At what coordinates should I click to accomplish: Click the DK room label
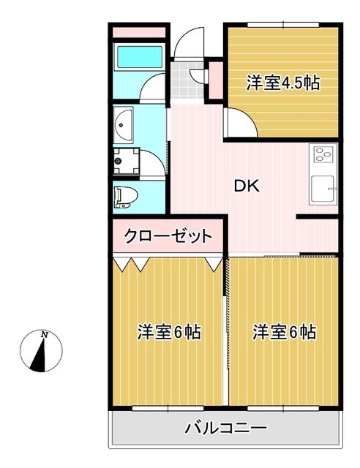(x=246, y=186)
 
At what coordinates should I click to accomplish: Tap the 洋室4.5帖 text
(x=282, y=83)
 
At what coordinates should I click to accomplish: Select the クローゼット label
(x=168, y=236)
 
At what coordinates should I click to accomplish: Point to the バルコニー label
(x=225, y=428)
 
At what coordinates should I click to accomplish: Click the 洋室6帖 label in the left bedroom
(x=170, y=333)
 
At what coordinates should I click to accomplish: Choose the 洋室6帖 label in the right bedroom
(x=285, y=333)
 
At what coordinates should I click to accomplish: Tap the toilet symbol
(x=125, y=196)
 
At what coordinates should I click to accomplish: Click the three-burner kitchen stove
(x=323, y=154)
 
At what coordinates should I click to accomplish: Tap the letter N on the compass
(x=45, y=336)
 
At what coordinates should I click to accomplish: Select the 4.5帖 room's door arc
(x=239, y=122)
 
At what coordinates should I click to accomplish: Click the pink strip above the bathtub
(x=140, y=33)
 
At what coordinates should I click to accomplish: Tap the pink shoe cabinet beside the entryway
(x=216, y=80)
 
